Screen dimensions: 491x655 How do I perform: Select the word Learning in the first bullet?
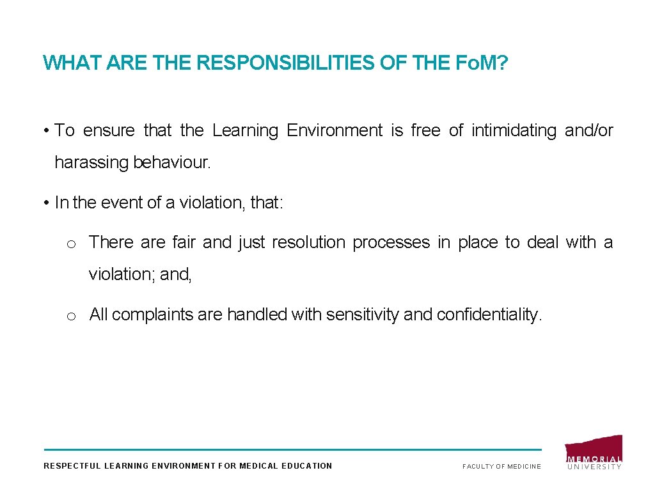(245, 130)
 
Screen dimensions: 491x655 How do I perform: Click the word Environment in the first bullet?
(335, 130)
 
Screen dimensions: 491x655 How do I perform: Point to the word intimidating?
(514, 130)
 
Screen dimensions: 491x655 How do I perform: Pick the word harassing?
(91, 162)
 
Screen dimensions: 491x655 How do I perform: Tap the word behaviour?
(171, 162)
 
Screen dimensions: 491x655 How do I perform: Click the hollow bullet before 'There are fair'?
(72, 244)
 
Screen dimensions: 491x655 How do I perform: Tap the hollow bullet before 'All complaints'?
(72, 315)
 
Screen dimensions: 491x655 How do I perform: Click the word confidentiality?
(489, 315)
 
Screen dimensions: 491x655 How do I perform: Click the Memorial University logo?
(594, 453)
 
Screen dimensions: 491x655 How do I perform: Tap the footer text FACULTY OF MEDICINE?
(501, 466)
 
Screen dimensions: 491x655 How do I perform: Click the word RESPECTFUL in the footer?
(72, 466)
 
